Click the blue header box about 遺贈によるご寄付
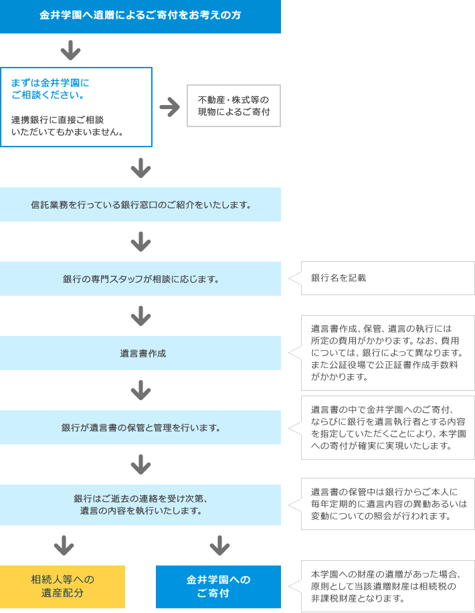[140, 17]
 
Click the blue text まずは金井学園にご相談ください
[50, 89]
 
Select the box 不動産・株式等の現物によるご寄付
[233, 106]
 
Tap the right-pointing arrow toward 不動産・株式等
[170, 107]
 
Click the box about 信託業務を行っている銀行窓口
[140, 205]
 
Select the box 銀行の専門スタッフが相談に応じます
[140, 279]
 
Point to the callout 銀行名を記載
[381, 278]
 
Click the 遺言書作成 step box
[140, 353]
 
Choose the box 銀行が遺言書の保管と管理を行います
[140, 428]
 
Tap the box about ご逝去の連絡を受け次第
[140, 505]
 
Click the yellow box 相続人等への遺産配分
[62, 586]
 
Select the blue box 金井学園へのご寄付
[218, 586]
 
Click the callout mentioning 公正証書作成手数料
[381, 353]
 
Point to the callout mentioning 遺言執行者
[381, 428]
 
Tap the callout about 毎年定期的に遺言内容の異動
[381, 504]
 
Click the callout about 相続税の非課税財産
[381, 586]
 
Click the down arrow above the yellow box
[64, 545]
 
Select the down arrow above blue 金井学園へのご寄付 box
[219, 545]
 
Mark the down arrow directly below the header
[71, 50]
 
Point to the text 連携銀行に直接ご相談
[58, 120]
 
